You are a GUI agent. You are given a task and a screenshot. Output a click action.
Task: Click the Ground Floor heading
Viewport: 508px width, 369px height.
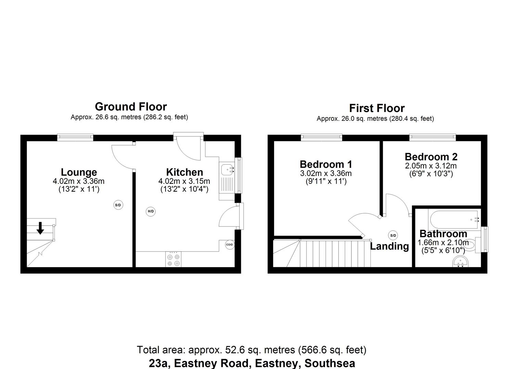[x=131, y=107]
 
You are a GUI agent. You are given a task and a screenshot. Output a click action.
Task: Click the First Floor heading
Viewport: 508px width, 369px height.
[x=377, y=108]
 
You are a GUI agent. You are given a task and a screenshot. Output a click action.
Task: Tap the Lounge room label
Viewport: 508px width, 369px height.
[x=79, y=172]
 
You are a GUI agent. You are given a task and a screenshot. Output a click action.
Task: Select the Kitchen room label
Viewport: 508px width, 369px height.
[x=184, y=172]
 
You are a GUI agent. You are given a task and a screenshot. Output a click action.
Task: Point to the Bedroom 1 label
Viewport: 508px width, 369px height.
[x=326, y=164]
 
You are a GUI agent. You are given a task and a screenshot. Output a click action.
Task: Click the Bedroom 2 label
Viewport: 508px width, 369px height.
[x=431, y=157]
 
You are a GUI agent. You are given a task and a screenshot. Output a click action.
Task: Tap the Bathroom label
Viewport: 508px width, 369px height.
[x=443, y=234]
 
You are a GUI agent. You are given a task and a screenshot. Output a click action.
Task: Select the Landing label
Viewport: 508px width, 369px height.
[x=389, y=246]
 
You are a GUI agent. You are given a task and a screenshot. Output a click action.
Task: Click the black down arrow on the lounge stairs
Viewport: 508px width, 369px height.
[x=40, y=228]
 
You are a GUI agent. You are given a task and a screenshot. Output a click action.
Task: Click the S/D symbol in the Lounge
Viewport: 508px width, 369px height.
[x=118, y=205]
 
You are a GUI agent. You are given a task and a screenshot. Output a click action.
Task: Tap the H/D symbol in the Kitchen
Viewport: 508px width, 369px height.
[x=151, y=211]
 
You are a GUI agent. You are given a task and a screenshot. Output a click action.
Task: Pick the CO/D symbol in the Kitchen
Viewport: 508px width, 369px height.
[x=230, y=244]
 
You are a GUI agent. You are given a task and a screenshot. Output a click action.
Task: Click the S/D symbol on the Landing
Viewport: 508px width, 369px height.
[x=393, y=235]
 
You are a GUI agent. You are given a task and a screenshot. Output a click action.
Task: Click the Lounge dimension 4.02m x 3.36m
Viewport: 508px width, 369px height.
[x=79, y=181]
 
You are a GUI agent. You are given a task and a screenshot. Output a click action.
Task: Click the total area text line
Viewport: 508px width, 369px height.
[x=251, y=350]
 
